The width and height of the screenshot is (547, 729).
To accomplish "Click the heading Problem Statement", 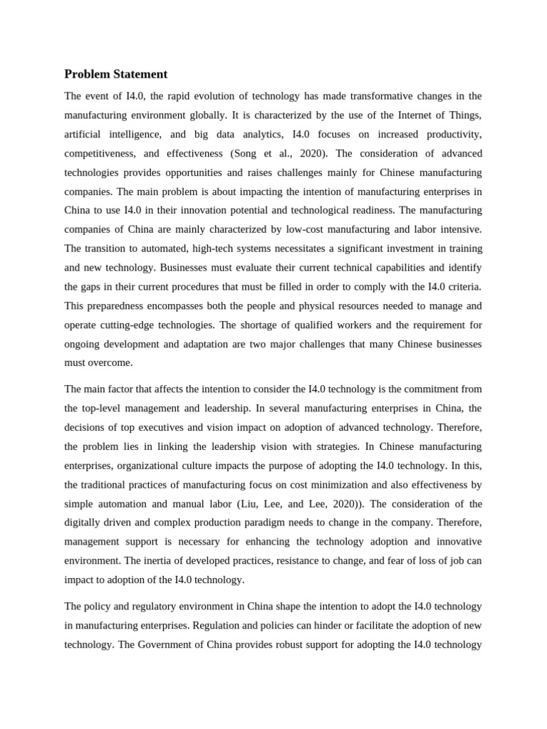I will point(116,74).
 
